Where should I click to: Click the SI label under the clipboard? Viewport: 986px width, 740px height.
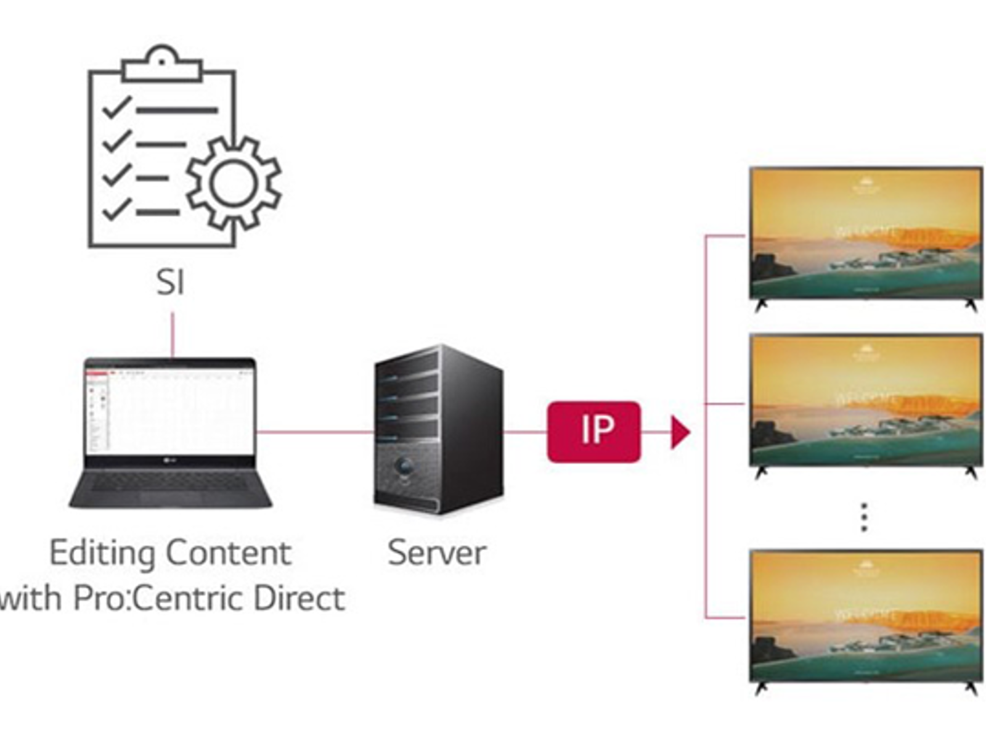(170, 282)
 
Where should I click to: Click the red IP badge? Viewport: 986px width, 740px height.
(593, 432)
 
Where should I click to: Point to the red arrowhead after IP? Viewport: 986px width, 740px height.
(679, 432)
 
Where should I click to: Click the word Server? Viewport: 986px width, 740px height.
(436, 552)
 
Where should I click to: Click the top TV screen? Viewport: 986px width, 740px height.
(865, 233)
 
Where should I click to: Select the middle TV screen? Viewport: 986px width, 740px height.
(865, 400)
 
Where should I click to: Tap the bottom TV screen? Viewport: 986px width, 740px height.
(865, 615)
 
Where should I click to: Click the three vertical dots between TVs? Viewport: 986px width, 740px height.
(864, 517)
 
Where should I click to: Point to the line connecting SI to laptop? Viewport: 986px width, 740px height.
(173, 334)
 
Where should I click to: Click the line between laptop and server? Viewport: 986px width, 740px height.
(314, 432)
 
